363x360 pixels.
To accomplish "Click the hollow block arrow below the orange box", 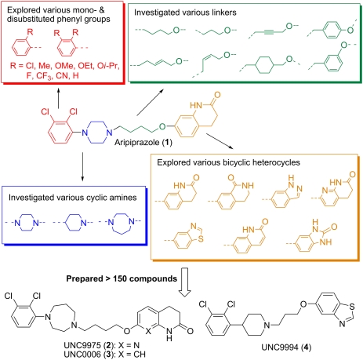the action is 185,282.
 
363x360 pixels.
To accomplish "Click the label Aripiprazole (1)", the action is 143,142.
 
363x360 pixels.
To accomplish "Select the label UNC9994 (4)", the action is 286,347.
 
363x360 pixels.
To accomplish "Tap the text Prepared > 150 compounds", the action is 122,278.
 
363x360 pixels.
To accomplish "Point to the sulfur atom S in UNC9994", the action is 352,307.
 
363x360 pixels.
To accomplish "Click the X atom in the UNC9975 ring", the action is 148,331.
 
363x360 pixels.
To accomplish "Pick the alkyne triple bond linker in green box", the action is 270,32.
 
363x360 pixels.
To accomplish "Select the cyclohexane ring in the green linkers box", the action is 265,64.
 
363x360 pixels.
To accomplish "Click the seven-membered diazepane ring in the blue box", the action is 121,224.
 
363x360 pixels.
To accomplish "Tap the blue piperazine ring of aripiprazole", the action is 97,132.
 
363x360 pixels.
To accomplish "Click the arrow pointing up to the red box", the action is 58,98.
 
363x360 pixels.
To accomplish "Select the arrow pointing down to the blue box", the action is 82,166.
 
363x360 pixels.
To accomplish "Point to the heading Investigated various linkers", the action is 185,13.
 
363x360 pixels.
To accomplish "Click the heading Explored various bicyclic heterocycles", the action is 228,162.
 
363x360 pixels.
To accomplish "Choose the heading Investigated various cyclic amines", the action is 73,198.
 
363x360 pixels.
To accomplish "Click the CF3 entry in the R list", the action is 44,76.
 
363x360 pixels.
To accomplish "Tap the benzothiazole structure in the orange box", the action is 184,235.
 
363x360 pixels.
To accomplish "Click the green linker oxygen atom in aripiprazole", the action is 162,127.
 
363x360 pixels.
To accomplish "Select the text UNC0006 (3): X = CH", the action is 104,355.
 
